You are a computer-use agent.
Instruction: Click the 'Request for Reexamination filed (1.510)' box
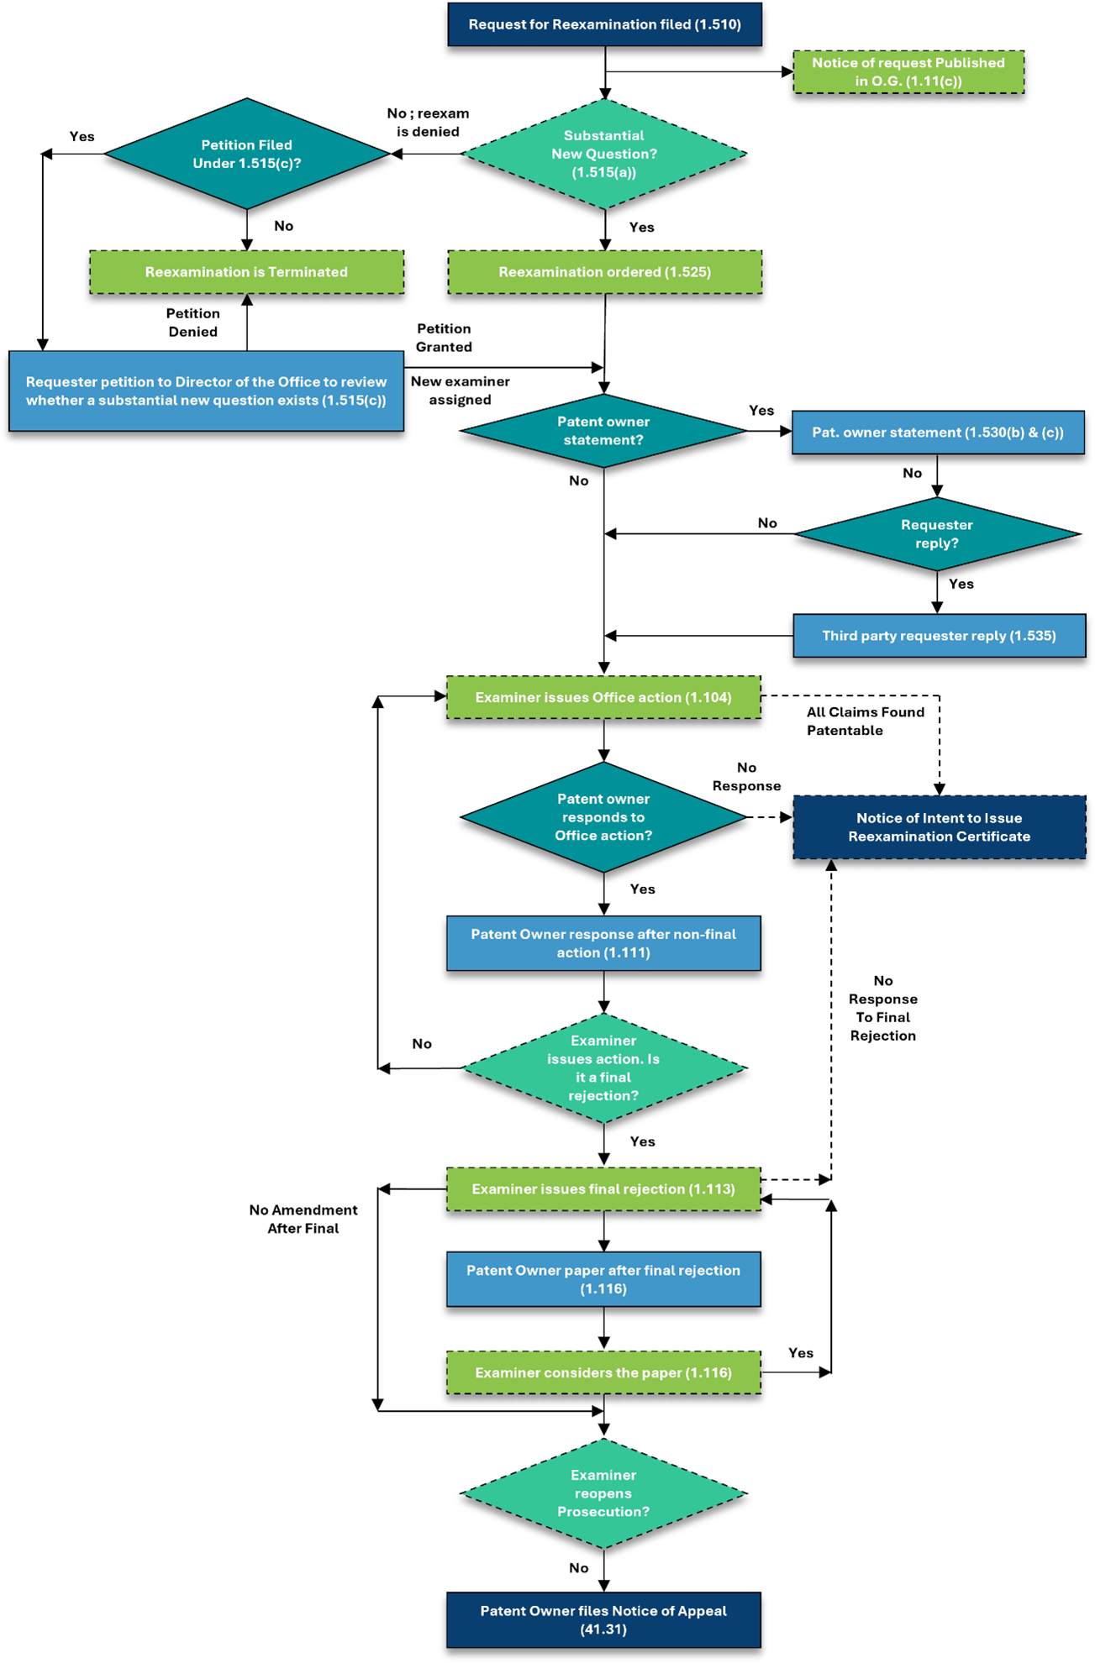604,24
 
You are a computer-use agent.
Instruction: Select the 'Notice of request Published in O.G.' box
908,72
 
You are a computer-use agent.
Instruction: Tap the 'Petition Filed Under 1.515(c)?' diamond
246,154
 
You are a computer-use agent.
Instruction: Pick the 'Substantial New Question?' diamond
603,154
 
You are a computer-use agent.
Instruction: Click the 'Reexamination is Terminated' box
246,272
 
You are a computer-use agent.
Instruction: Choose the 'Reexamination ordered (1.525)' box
604,272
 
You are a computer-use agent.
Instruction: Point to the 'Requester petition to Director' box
206,391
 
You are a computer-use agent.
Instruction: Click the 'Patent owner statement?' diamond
603,431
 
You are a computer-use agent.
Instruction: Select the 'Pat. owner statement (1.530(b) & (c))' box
938,433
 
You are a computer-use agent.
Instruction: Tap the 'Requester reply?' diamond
936,534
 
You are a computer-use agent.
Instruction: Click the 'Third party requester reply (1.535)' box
939,636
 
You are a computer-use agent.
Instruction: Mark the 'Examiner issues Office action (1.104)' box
603,697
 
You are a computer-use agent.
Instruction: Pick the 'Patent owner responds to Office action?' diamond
603,817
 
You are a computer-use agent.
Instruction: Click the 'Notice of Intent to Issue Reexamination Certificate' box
939,827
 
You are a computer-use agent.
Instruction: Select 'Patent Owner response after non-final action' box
603,943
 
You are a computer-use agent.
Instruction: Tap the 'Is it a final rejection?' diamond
603,1068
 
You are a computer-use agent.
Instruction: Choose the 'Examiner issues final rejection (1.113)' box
603,1189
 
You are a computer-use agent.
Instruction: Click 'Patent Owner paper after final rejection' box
603,1279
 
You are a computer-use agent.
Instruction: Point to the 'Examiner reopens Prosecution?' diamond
603,1493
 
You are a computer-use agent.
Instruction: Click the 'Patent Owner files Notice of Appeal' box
603,1620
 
